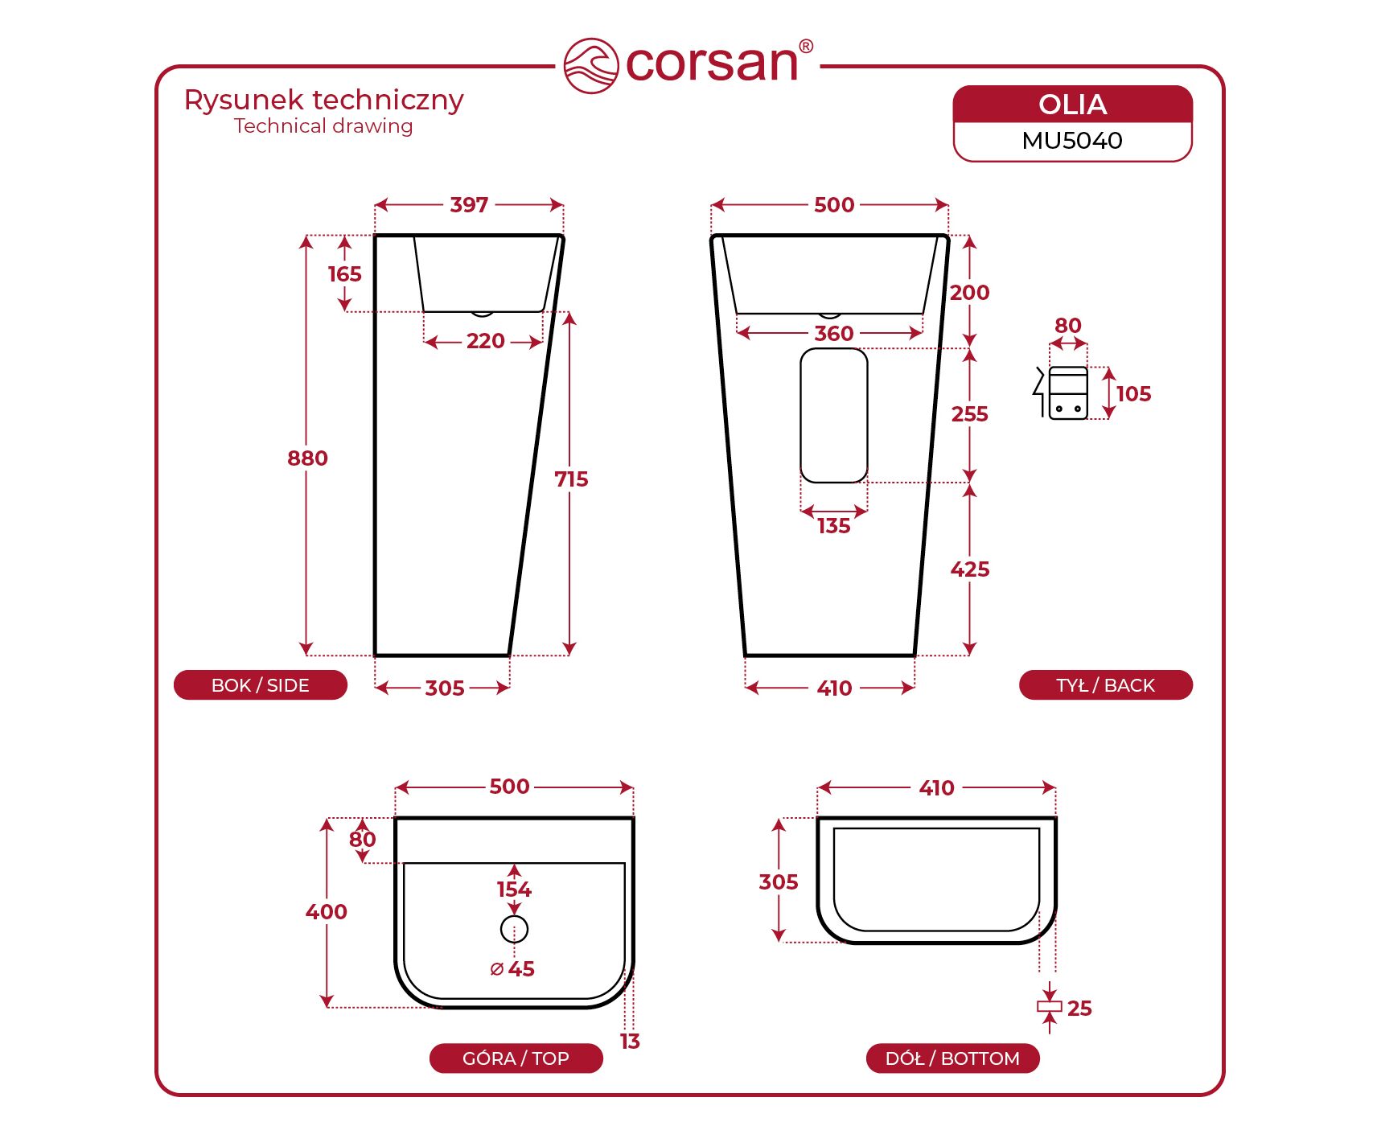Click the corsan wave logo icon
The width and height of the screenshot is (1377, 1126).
pos(591,65)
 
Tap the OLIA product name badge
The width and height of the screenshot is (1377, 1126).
pos(1072,105)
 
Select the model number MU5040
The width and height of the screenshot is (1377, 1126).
pos(1072,141)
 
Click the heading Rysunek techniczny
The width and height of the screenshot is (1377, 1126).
pos(323,101)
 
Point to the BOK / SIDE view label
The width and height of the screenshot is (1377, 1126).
pos(261,685)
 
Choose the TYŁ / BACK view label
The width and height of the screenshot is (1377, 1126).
pos(1105,685)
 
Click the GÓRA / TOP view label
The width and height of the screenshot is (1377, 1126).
pos(516,1058)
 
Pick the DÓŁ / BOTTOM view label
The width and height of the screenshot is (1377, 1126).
pos(952,1058)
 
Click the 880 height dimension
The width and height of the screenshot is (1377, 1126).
pos(307,458)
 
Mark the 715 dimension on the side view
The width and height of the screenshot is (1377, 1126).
pos(571,479)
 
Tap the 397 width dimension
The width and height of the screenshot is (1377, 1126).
pos(469,205)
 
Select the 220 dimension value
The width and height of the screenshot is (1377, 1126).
pos(485,341)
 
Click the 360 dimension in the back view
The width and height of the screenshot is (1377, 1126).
pos(834,334)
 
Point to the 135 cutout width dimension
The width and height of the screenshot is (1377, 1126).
pos(834,526)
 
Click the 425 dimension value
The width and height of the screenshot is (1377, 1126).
pos(970,569)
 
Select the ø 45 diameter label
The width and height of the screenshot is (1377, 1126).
pos(512,969)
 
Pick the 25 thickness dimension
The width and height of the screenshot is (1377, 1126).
pos(1079,1009)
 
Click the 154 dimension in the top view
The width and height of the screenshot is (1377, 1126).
pos(514,890)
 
